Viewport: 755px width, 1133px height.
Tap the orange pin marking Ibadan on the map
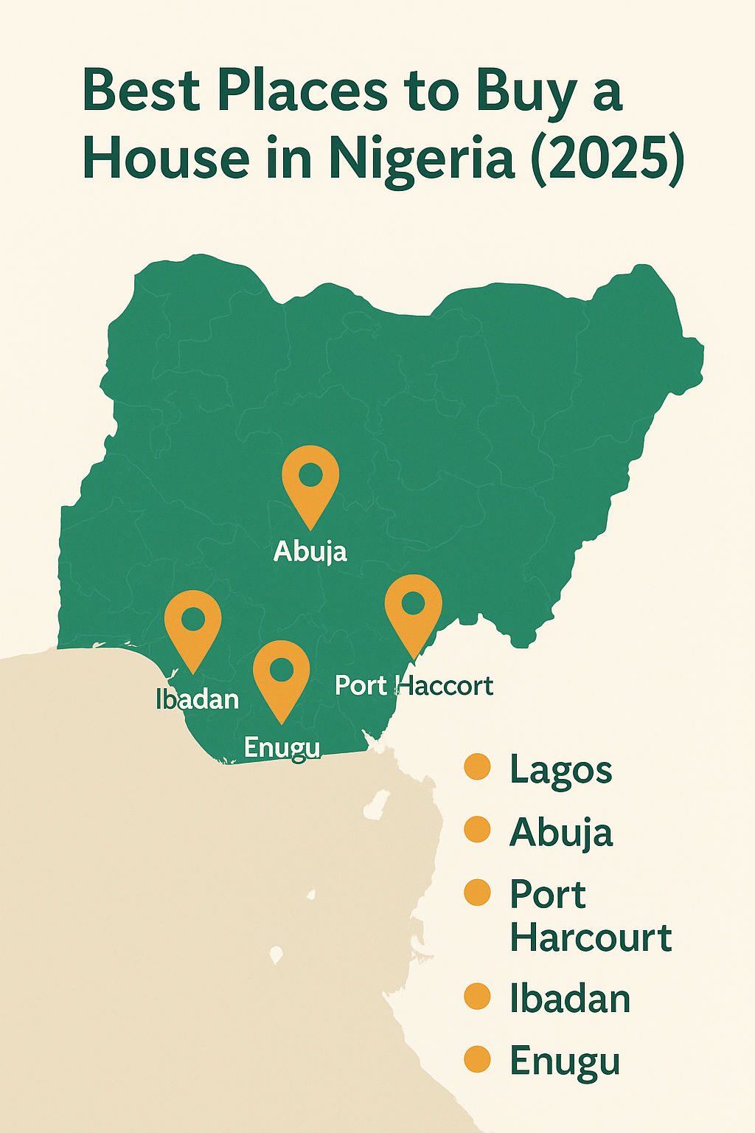(x=192, y=623)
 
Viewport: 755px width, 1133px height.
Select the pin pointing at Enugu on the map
(x=281, y=673)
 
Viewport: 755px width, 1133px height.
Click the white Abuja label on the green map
(x=310, y=552)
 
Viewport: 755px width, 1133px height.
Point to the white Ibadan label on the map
(x=198, y=699)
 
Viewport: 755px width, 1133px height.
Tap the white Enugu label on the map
(x=282, y=748)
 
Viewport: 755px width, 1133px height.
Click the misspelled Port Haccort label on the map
(x=414, y=685)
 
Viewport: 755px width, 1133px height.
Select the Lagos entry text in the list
(x=560, y=771)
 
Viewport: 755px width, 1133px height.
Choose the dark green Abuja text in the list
(x=560, y=833)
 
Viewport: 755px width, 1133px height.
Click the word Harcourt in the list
(x=591, y=938)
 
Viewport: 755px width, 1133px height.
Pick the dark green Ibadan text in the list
(x=570, y=999)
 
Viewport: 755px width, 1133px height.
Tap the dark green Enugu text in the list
(x=565, y=1062)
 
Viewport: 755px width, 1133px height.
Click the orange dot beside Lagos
(x=478, y=767)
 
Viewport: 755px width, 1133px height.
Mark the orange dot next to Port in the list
(x=478, y=893)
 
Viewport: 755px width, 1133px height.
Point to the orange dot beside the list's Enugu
(x=478, y=1059)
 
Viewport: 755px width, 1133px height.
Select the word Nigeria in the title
(x=421, y=158)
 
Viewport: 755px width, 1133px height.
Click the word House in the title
(x=166, y=158)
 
